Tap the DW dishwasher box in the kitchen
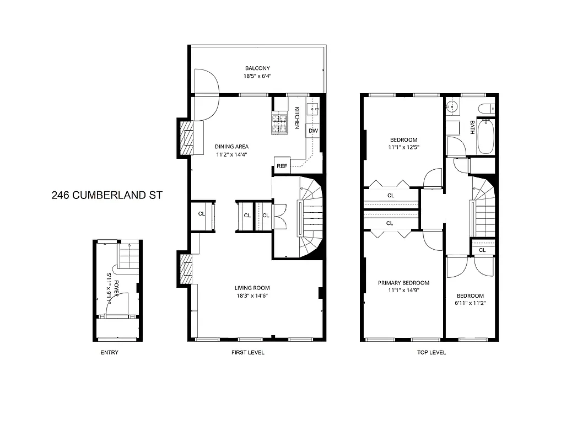313,131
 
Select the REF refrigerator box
282,165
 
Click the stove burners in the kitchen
280,123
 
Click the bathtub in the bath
485,136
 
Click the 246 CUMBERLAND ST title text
107,195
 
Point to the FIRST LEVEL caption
247,353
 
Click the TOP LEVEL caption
431,353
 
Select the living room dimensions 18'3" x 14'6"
252,295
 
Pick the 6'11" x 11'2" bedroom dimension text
470,303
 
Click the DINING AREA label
231,147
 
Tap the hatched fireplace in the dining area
187,138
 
